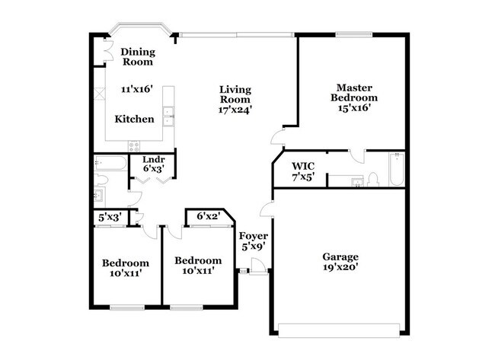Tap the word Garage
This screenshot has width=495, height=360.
click(339, 256)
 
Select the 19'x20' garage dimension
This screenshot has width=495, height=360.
click(339, 267)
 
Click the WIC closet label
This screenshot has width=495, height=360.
click(302, 166)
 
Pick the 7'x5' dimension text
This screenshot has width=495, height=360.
click(302, 177)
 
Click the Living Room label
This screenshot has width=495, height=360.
click(235, 94)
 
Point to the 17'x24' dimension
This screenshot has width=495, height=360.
click(235, 110)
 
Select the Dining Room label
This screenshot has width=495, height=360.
click(137, 56)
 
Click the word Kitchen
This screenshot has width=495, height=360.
click(134, 119)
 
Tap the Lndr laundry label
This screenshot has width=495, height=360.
click(154, 160)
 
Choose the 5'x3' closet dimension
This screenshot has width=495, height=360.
click(110, 218)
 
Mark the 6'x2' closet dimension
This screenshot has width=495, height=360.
click(208, 217)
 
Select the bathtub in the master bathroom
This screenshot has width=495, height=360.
click(396, 170)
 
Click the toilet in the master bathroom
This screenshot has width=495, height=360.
click(373, 180)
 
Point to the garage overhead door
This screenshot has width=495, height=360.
click(339, 330)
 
